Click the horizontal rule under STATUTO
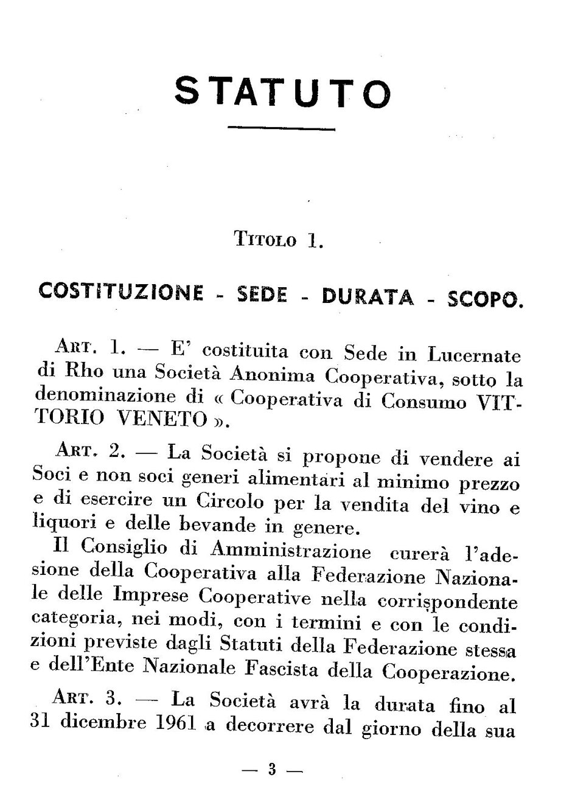point(281,129)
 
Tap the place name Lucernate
point(470,355)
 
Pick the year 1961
point(174,723)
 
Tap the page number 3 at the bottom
point(272,770)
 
